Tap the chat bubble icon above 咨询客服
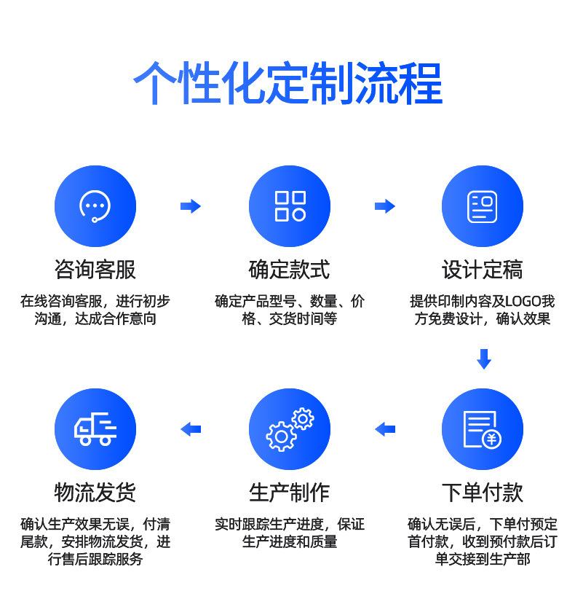[95, 206]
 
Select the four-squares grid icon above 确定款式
[289, 206]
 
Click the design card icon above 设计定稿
[482, 206]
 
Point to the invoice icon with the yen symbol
[482, 429]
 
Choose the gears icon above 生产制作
[289, 429]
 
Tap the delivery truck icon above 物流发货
[95, 429]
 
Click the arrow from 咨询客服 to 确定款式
[191, 206]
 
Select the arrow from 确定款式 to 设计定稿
[385, 206]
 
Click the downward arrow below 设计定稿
[483, 359]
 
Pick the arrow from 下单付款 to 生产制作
[385, 429]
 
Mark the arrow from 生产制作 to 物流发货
[191, 429]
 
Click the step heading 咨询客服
[95, 270]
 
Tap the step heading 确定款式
[289, 270]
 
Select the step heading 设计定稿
[482, 270]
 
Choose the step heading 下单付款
[482, 493]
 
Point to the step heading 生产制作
[289, 493]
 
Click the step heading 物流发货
[95, 493]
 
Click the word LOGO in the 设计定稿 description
[523, 301]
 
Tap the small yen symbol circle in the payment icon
[493, 439]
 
